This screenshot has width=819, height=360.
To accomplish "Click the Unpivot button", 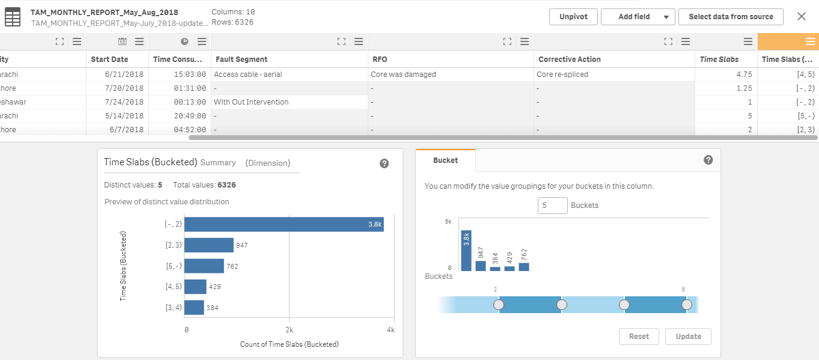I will (573, 17).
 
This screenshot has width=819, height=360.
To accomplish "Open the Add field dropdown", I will (638, 17).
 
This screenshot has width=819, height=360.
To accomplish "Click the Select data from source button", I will (731, 17).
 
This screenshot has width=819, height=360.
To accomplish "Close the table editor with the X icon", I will (801, 17).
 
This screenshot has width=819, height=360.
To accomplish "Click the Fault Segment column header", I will (241, 59).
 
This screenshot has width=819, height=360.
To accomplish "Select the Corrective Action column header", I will (569, 59).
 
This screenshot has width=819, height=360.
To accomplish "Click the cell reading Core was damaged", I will (403, 75).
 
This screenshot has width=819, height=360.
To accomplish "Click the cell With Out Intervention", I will (251, 102).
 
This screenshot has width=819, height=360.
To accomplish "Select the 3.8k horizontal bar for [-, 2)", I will (284, 224).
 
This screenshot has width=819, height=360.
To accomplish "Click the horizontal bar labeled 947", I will (209, 245).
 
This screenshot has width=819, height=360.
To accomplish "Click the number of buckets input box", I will (552, 206).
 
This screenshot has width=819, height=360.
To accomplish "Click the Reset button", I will (639, 337).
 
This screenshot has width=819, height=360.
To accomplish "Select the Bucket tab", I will (445, 160).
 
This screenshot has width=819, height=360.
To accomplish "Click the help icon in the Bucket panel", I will (708, 160).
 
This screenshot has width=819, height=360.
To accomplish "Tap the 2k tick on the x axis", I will (289, 330).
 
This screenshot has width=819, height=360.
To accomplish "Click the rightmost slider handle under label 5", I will (687, 305).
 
